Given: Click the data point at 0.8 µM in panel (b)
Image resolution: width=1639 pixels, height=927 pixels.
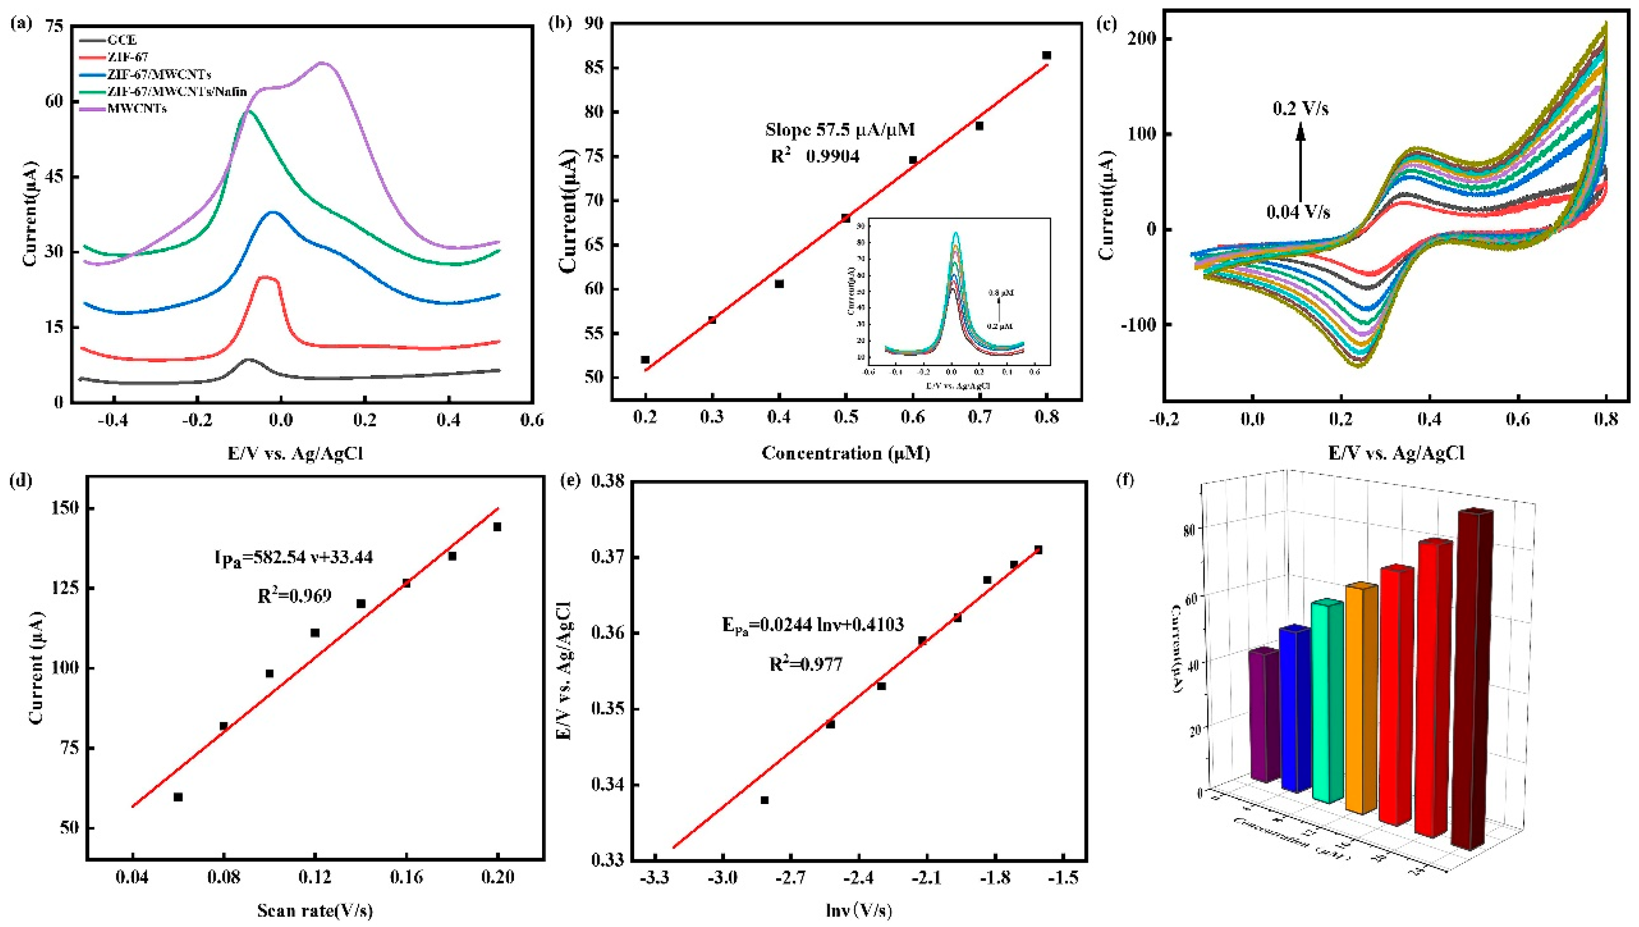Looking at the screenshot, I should point(1047,55).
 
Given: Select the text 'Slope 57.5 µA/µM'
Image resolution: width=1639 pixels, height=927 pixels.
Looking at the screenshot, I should point(839,130).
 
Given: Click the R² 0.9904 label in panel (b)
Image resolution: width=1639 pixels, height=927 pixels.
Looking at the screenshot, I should point(815,156).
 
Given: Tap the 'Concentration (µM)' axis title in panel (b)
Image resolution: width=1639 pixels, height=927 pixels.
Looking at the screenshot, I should point(846,453).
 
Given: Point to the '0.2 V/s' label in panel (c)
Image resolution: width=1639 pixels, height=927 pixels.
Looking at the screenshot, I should point(1300,109).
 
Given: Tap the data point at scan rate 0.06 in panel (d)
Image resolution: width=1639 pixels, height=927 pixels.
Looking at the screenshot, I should point(178,797).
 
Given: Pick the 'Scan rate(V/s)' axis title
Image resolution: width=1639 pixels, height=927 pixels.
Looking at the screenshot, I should point(314,911).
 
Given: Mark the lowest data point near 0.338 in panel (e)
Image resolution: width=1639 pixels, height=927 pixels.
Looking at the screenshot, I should point(765,800).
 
